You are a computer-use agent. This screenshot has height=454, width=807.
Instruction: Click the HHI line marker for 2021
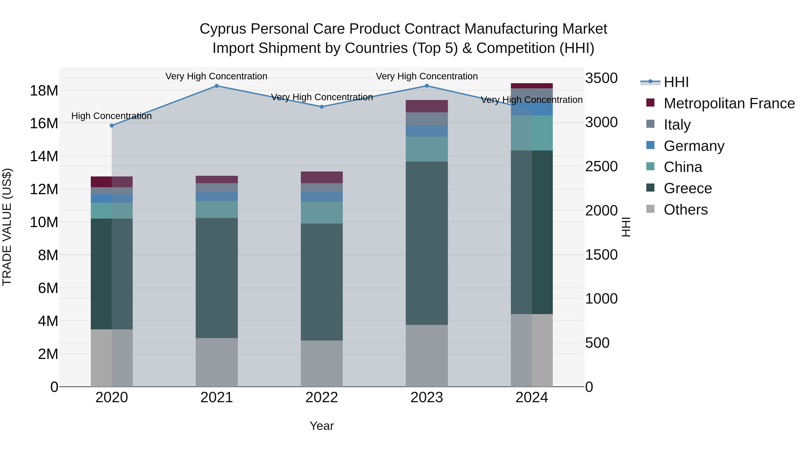click(217, 86)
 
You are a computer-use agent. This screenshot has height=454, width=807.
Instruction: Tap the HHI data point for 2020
click(112, 126)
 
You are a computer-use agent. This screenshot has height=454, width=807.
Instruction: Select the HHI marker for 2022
click(322, 107)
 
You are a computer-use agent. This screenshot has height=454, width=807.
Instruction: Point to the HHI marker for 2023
click(427, 86)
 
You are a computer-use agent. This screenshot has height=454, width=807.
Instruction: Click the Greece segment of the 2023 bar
click(427, 243)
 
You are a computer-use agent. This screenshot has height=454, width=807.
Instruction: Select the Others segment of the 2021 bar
click(217, 362)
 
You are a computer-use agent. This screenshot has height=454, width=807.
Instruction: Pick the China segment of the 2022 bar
click(322, 213)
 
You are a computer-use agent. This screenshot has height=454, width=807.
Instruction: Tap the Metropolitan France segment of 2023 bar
click(427, 106)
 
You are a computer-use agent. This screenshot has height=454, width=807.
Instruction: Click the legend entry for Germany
click(694, 146)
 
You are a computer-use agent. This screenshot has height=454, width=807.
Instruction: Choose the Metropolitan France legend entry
click(729, 103)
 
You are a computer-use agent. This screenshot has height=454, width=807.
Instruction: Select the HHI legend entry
click(676, 82)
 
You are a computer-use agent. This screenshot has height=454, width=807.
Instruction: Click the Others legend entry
click(686, 210)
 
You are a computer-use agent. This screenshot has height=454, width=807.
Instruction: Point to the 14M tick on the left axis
click(44, 156)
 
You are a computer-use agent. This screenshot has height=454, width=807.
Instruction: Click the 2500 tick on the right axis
click(601, 166)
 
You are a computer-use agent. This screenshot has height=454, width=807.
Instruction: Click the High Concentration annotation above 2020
click(112, 116)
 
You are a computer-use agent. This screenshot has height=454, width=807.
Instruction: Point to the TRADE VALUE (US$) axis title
click(7, 227)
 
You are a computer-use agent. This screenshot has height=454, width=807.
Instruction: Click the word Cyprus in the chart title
click(223, 29)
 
